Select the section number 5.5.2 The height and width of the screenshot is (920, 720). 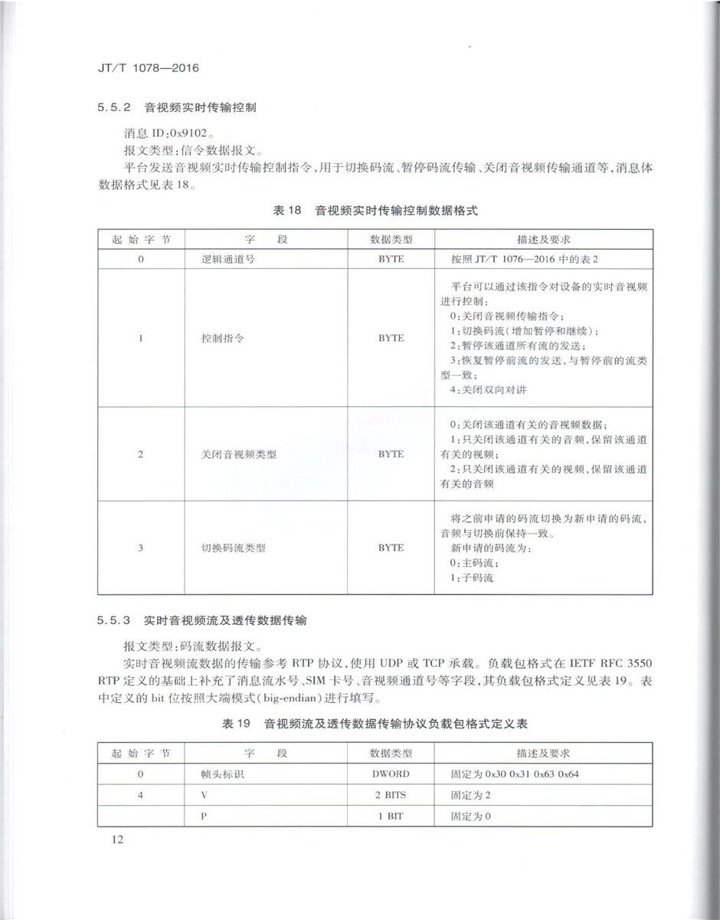(x=116, y=107)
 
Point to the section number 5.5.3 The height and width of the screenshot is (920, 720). (x=116, y=619)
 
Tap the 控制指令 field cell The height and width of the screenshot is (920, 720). (x=222, y=338)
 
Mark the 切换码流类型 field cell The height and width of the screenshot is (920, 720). (x=233, y=548)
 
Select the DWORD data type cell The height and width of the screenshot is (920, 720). (x=391, y=774)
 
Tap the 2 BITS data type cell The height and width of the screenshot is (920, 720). (x=391, y=795)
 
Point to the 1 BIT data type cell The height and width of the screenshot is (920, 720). (x=391, y=816)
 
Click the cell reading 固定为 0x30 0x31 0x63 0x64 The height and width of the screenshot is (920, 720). (x=515, y=774)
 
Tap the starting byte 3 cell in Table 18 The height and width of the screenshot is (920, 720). (x=141, y=548)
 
